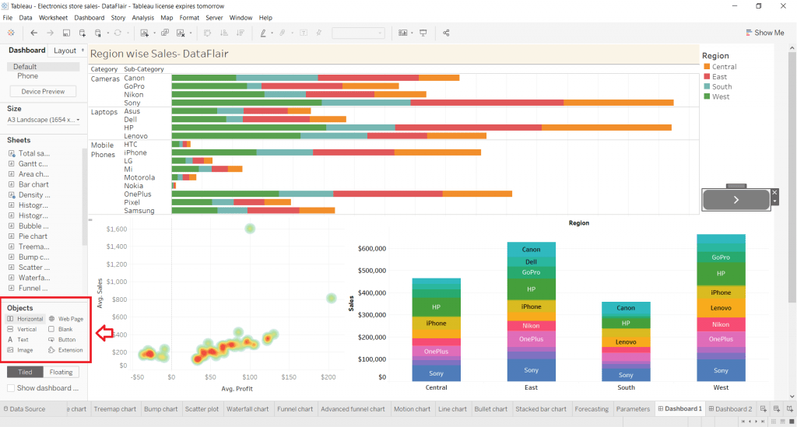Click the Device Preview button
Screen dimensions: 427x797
[43, 92]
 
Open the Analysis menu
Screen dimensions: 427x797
[142, 17]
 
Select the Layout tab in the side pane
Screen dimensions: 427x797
[65, 51]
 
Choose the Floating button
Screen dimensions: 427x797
[61, 372]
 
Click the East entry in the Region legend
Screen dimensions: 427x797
[719, 77]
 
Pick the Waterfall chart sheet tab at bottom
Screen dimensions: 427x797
[248, 409]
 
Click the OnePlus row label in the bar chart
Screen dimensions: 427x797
[138, 194]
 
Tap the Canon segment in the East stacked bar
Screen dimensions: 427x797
[531, 250]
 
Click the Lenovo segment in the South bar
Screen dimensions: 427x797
[626, 342]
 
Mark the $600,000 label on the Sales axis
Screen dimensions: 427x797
[371, 249]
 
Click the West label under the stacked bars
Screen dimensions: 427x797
[721, 387]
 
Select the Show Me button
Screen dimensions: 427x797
[764, 33]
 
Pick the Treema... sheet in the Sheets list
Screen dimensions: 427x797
[33, 247]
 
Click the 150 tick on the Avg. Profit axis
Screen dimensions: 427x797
[288, 377]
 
